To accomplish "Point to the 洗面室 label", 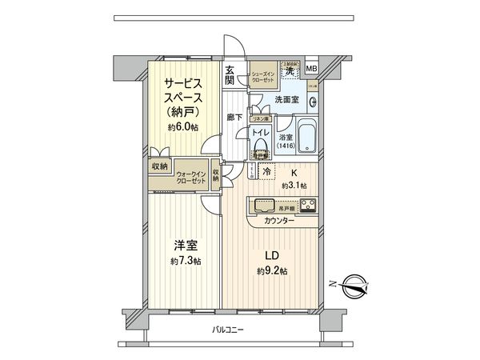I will (287, 100).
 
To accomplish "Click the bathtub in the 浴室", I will (308, 133).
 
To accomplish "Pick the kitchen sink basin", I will (262, 205).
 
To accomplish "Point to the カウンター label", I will (276, 219).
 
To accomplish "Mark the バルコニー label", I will (228, 330).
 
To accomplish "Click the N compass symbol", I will (353, 282).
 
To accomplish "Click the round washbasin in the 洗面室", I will (313, 102).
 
